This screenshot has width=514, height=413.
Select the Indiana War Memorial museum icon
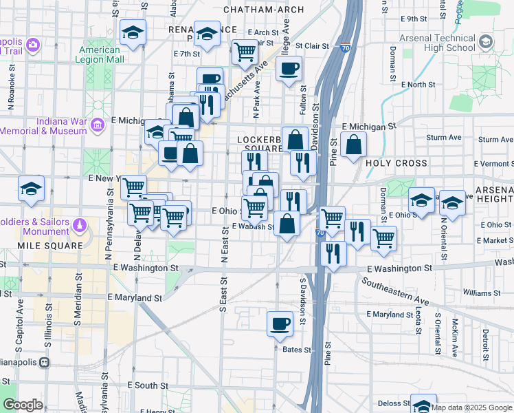98,125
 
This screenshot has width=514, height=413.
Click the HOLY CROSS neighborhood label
396,164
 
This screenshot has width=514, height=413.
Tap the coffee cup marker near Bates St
280,323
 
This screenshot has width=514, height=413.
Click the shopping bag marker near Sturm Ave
353,145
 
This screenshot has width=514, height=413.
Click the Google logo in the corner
22,405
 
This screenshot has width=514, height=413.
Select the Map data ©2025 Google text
471,407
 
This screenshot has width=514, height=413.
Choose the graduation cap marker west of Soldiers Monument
31,188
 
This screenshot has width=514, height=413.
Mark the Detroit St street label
485,341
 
